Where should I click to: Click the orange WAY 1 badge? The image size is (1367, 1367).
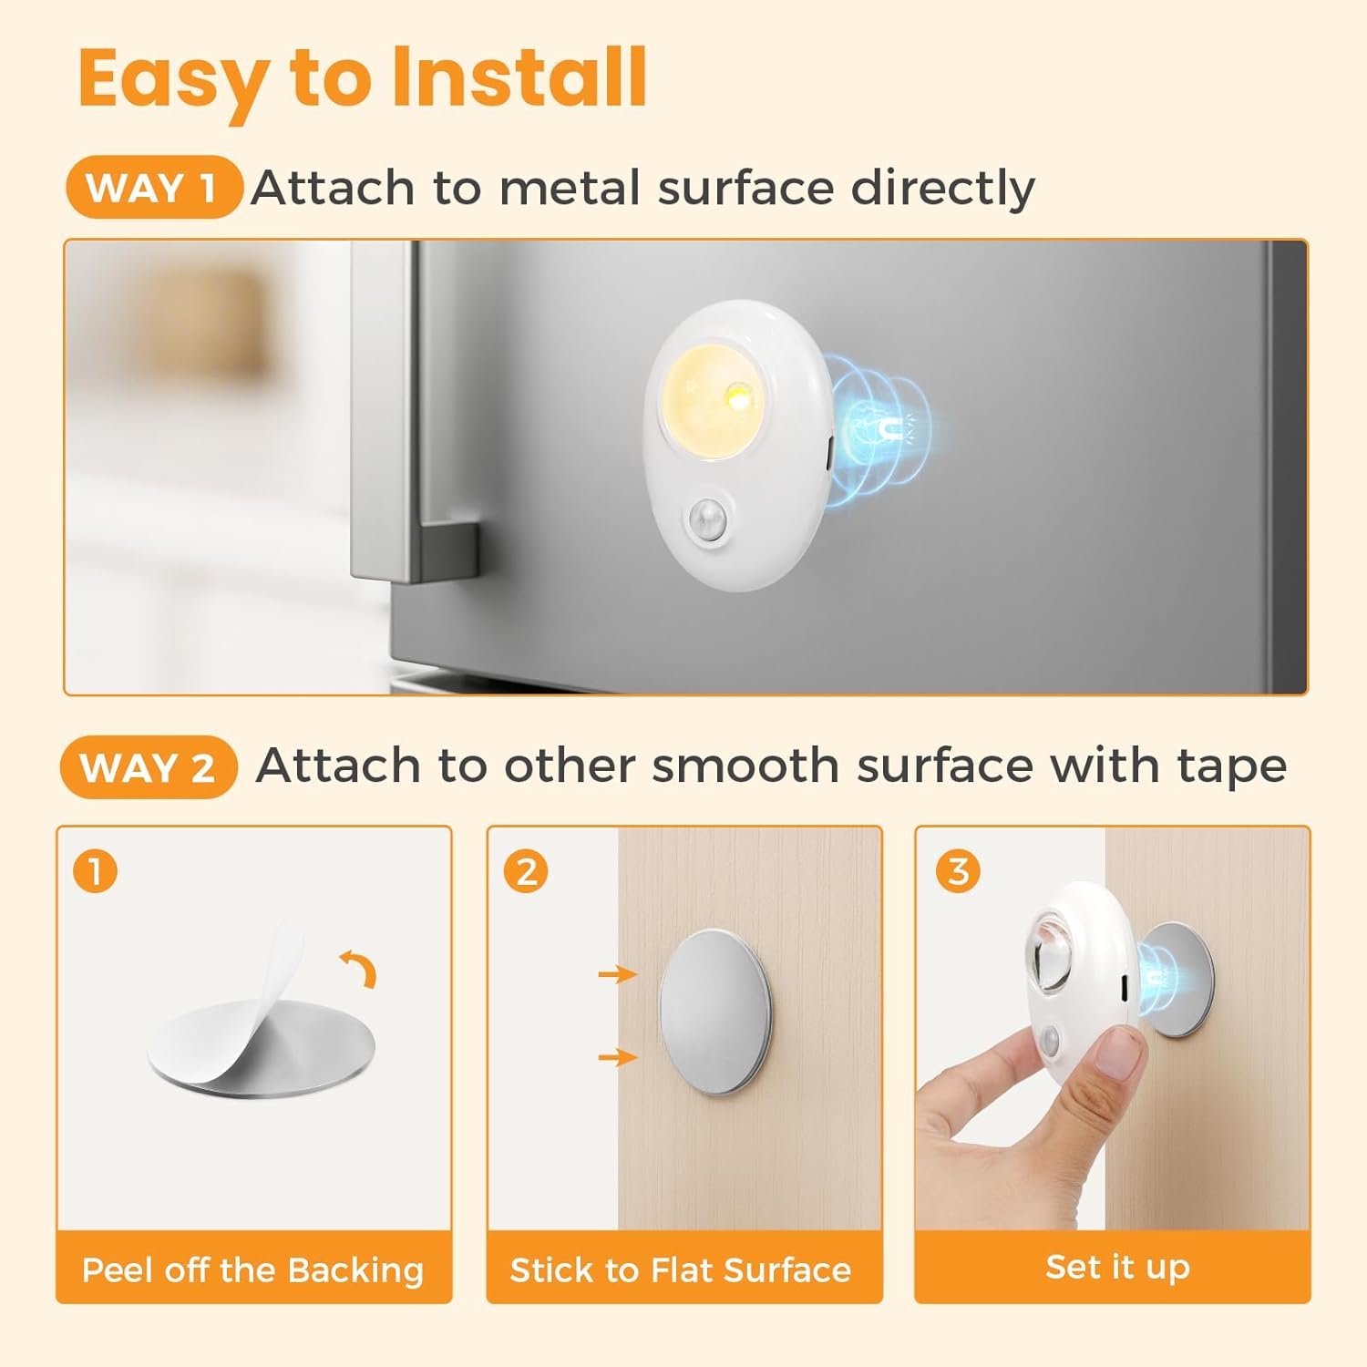point(154,188)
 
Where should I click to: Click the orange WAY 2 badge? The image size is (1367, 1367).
point(149,767)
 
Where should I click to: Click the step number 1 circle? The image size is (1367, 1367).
point(95,871)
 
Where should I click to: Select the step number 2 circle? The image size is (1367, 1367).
point(526,871)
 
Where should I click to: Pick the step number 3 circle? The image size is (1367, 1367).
point(958,871)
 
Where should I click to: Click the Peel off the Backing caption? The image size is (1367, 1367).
point(253,1269)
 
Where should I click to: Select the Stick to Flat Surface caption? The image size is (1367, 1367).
point(681,1269)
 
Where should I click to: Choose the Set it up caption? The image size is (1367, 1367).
point(1117,1267)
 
